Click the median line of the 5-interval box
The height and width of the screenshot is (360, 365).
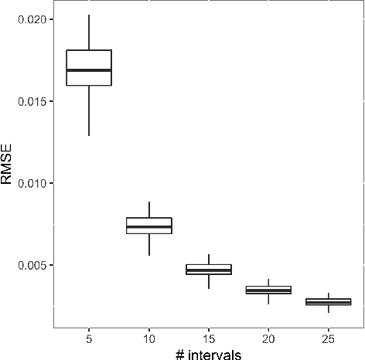pos(89,70)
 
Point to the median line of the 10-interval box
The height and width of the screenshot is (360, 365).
pos(148,227)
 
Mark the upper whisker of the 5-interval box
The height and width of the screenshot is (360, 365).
pos(89,32)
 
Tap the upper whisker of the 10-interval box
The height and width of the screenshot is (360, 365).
pos(148,209)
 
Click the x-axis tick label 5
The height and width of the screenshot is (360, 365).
pos(89,338)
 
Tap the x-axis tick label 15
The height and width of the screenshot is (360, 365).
pos(208,338)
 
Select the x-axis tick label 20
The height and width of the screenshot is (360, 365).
pos(268,338)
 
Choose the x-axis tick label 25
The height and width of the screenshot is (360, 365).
pos(328,338)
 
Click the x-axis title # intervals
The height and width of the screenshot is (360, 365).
pos(208,352)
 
